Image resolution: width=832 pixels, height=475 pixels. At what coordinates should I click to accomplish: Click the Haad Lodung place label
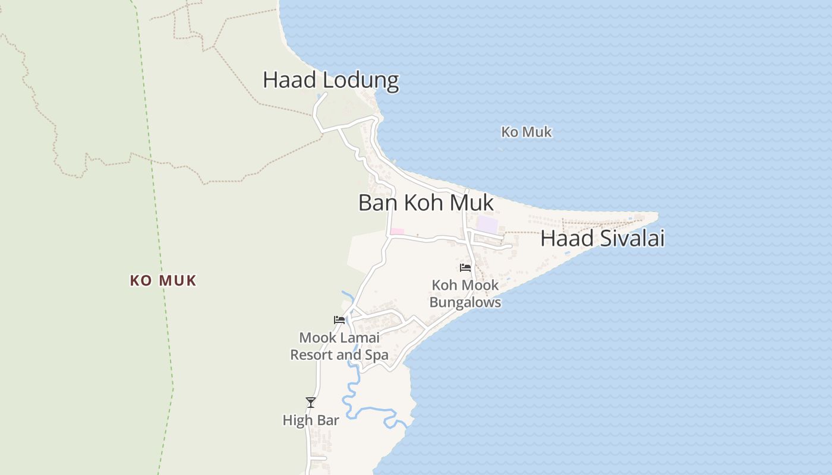tap(330, 80)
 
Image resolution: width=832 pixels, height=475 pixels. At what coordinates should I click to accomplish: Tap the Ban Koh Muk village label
tap(426, 202)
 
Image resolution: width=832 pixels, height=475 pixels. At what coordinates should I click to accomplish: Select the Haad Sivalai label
tap(602, 238)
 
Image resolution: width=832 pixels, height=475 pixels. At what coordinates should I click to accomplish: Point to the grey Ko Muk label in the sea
tap(526, 132)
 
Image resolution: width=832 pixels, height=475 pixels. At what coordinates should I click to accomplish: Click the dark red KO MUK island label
tap(163, 280)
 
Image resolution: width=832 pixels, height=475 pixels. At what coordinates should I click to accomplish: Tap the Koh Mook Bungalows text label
tap(465, 294)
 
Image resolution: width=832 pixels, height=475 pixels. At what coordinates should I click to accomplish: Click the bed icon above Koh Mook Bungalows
tap(465, 268)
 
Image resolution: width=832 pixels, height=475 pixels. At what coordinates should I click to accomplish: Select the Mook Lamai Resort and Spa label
tap(339, 346)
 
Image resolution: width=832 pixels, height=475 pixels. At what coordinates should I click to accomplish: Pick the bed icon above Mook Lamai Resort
tap(339, 320)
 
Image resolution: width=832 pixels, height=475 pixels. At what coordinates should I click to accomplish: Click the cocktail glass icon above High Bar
tap(310, 403)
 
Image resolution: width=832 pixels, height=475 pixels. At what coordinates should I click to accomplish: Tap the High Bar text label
tap(310, 420)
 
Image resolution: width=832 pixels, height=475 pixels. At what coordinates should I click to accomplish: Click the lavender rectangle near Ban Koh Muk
tap(487, 224)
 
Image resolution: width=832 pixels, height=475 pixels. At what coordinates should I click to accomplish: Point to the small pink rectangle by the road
tap(397, 232)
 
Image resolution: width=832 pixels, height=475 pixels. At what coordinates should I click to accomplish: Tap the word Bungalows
tap(465, 302)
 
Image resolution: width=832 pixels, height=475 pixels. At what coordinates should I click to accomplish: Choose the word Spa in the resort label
tap(377, 355)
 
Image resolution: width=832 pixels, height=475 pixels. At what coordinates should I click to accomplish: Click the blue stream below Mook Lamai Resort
tap(351, 392)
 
